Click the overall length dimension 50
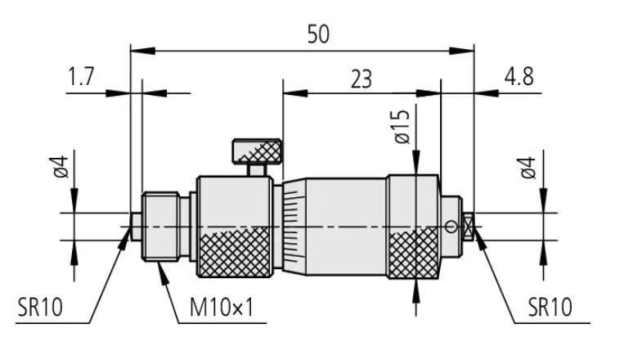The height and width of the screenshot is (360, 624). pyautogui.click(x=319, y=34)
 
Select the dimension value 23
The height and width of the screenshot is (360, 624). pyautogui.click(x=360, y=79)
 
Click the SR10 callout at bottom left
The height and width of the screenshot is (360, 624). pyautogui.click(x=40, y=308)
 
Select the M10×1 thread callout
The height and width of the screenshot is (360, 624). pyautogui.click(x=222, y=308)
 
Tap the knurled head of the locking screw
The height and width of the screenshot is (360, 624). pyautogui.click(x=258, y=151)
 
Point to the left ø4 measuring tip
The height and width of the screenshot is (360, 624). pyautogui.click(x=135, y=227)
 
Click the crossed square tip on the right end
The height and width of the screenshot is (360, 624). pyautogui.click(x=469, y=227)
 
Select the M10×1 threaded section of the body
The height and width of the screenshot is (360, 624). pyautogui.click(x=159, y=227)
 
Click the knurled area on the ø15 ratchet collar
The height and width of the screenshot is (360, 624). pyautogui.click(x=415, y=254)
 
